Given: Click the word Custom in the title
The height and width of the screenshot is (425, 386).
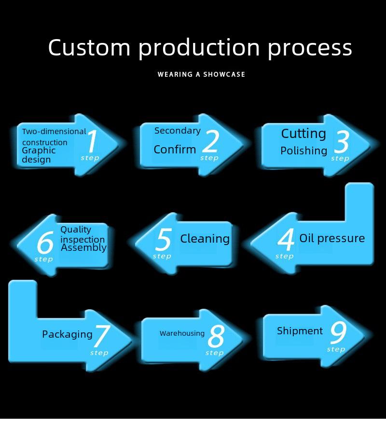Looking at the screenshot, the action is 89,47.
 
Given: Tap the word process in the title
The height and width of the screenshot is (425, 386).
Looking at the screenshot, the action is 310,49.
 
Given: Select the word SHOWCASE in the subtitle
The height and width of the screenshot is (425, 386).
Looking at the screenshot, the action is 224,74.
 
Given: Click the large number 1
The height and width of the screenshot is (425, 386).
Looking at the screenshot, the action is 92,141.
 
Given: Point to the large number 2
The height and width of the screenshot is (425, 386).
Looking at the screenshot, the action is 210,141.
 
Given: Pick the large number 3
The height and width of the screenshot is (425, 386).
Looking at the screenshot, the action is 342,142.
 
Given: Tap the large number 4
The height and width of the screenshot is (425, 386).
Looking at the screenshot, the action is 286,239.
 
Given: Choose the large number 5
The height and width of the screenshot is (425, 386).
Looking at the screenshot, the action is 164,239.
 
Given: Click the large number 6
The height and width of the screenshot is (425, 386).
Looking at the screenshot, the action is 45,242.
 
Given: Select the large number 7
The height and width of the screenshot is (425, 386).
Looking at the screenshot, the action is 102,336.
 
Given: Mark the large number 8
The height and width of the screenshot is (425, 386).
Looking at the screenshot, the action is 216,336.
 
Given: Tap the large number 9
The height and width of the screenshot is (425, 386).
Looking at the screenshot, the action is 339,333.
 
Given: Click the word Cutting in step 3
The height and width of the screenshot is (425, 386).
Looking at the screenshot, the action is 303,133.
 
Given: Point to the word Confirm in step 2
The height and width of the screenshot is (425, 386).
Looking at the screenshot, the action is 175,150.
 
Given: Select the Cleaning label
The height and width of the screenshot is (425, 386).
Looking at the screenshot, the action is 205,238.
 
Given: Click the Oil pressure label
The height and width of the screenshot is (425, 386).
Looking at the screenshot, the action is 332,238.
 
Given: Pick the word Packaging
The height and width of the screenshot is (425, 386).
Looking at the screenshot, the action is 67,334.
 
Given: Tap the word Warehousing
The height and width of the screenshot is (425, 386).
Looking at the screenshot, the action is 182,333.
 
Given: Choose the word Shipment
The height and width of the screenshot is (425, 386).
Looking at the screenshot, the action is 300,331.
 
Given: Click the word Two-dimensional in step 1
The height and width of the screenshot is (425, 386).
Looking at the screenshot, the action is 54,132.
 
